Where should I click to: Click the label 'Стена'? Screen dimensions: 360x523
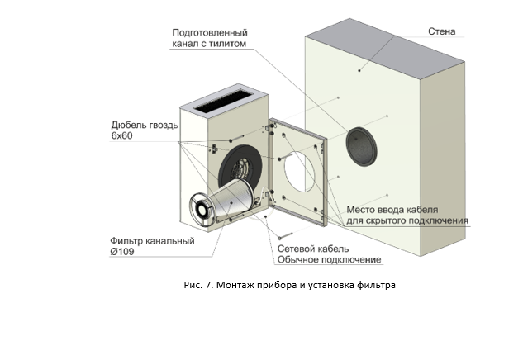(x=442, y=32)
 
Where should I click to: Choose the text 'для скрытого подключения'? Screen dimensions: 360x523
(x=407, y=220)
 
